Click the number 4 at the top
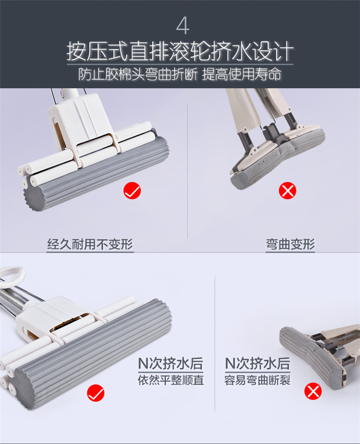coord(182,25)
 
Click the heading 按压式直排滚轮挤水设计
coord(180,51)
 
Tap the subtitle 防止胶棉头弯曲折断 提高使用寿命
coord(180,74)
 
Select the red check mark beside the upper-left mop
coord(132,190)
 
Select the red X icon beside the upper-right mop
coord(288,190)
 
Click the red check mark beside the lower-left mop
coord(96,393)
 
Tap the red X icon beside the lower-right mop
coord(313,391)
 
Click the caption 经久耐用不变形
coord(90,244)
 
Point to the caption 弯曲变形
coord(290,244)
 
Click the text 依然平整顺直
coord(171,380)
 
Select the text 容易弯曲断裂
coord(257,380)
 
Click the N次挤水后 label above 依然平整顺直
coord(171,363)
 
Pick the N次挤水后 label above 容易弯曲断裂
coord(257,363)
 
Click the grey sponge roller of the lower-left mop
coord(94,354)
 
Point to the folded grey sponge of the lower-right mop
coord(309,357)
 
